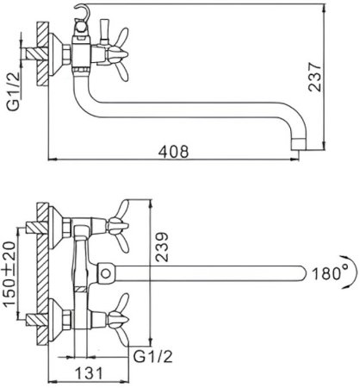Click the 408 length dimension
[x=174, y=152]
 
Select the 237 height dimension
[x=314, y=77]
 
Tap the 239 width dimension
[x=162, y=247]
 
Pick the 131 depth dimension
[x=89, y=373]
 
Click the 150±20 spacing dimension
[x=9, y=274]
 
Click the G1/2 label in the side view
[x=14, y=91]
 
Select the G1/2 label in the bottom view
[x=152, y=357]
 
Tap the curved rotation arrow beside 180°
[x=355, y=272]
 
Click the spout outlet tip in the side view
[x=299, y=145]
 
